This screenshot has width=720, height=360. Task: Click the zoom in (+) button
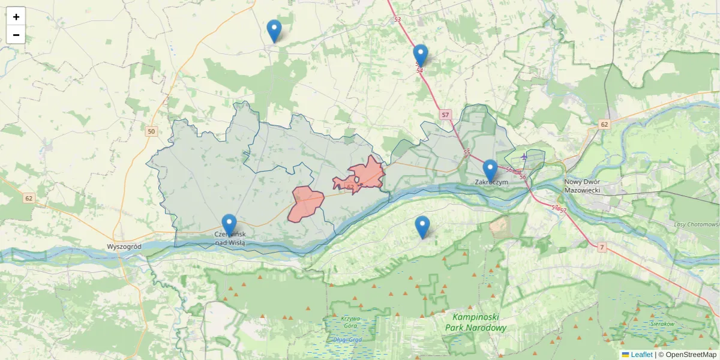(16, 17)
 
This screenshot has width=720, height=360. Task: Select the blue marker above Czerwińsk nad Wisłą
(229, 225)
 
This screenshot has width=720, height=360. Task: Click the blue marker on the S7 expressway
(421, 55)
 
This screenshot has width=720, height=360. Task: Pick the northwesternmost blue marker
(274, 31)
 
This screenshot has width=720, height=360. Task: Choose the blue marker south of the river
(422, 227)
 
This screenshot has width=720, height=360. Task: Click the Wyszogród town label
(124, 247)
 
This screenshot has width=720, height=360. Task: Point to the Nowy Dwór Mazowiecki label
(586, 186)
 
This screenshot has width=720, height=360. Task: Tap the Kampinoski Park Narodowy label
(476, 322)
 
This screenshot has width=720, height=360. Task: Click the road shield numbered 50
(151, 131)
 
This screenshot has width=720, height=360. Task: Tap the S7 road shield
(445, 114)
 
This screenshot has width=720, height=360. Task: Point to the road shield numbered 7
(602, 247)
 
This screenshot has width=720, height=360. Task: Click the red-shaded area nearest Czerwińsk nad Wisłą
(306, 203)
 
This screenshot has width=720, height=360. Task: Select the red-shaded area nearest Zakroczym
(362, 176)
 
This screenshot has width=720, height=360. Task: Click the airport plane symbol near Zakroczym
(524, 157)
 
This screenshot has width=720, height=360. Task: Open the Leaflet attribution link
(641, 355)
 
